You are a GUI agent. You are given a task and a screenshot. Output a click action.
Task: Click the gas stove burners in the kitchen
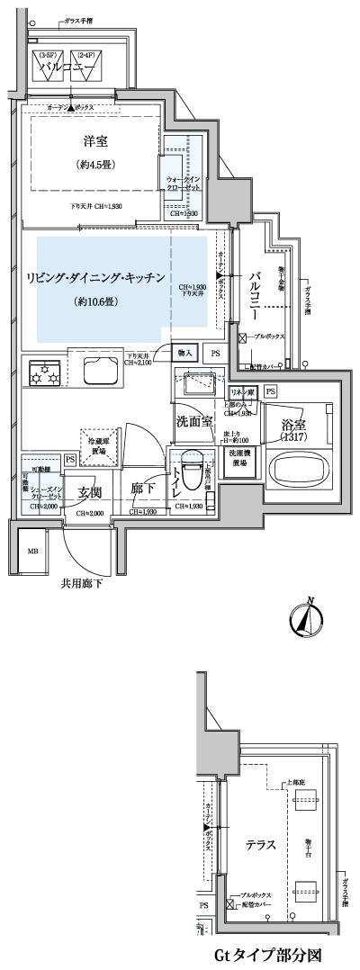pos(45,372)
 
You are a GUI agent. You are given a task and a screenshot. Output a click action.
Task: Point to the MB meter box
pos(32,551)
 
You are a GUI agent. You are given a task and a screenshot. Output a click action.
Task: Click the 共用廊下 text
pos(83,583)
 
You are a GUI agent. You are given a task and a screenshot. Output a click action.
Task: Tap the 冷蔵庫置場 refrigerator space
pos(98,445)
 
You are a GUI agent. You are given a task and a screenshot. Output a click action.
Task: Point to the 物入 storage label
pos(184,355)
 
